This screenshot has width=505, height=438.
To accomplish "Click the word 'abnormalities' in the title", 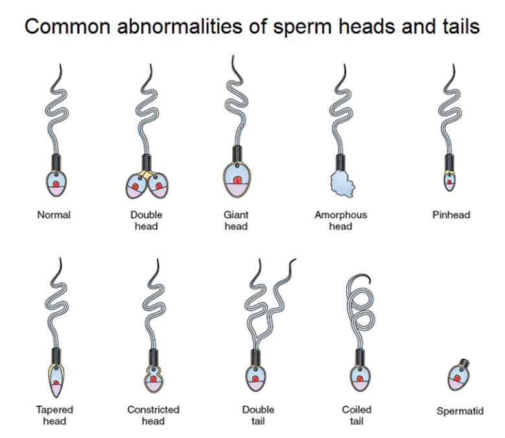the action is coord(180,26).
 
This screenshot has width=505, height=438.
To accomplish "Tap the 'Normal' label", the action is coord(54,215).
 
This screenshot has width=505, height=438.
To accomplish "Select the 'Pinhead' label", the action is coord(451,215).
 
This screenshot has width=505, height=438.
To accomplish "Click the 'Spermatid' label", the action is coord(460,411).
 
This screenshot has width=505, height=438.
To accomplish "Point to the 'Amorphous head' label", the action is coord(341,221).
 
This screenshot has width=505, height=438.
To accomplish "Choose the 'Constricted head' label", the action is coord(153,415).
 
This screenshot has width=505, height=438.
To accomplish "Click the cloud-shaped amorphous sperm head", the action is coord(343,184).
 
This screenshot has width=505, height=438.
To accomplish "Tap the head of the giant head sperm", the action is coord(237,180).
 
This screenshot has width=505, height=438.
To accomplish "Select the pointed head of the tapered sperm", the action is coord(56,381).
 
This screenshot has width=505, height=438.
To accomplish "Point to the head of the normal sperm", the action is coord(56,183).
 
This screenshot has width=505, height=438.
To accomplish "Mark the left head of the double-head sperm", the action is coord(136,186).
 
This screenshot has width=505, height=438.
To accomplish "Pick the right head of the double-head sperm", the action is coord(158,186).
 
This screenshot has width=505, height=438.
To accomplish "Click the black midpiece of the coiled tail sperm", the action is coord(360,358).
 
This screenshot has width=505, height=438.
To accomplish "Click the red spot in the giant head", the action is coord(237,180).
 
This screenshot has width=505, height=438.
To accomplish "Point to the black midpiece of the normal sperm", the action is coord(56,163).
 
